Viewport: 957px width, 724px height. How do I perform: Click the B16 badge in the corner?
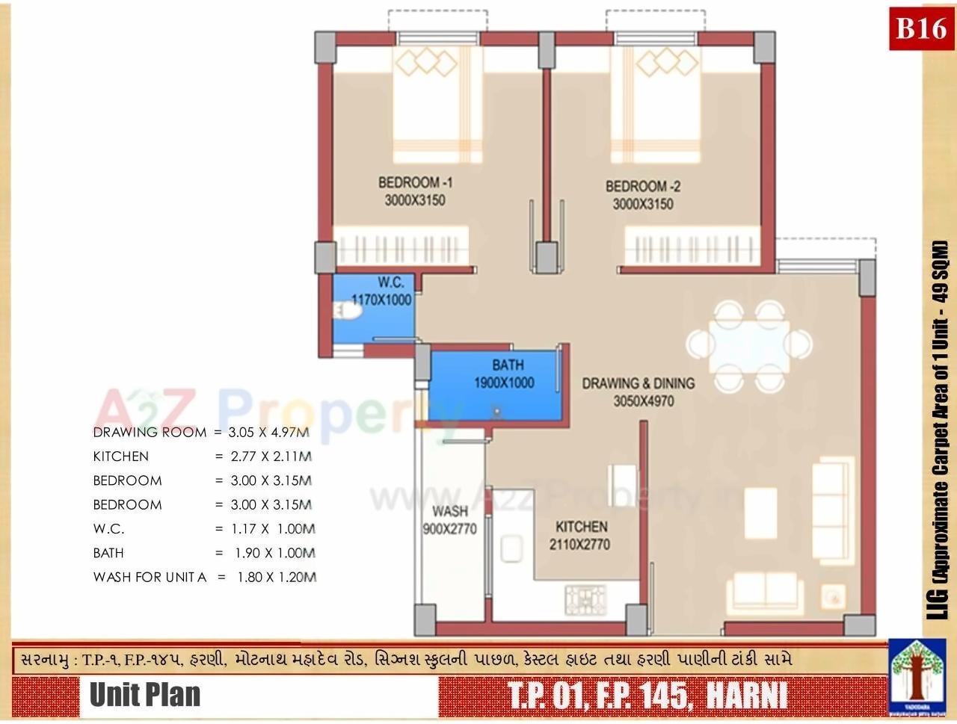pyautogui.click(x=921, y=29)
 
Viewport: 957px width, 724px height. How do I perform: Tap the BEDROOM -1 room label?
pyautogui.click(x=415, y=182)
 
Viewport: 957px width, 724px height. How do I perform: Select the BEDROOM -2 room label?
pyautogui.click(x=643, y=186)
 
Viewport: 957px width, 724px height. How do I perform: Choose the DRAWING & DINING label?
pyautogui.click(x=638, y=383)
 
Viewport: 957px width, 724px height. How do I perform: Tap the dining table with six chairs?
pyautogui.click(x=749, y=345)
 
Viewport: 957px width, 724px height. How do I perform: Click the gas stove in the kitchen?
pyautogui.click(x=585, y=598)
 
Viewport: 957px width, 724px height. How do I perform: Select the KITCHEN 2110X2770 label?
pyautogui.click(x=580, y=535)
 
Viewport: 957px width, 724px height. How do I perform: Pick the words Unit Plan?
pyautogui.click(x=145, y=695)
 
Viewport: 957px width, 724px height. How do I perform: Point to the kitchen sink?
pyautogui.click(x=512, y=551)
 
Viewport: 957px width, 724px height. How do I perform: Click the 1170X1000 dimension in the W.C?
pyautogui.click(x=381, y=300)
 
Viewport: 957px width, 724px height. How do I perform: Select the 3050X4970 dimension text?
pyautogui.click(x=643, y=401)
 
